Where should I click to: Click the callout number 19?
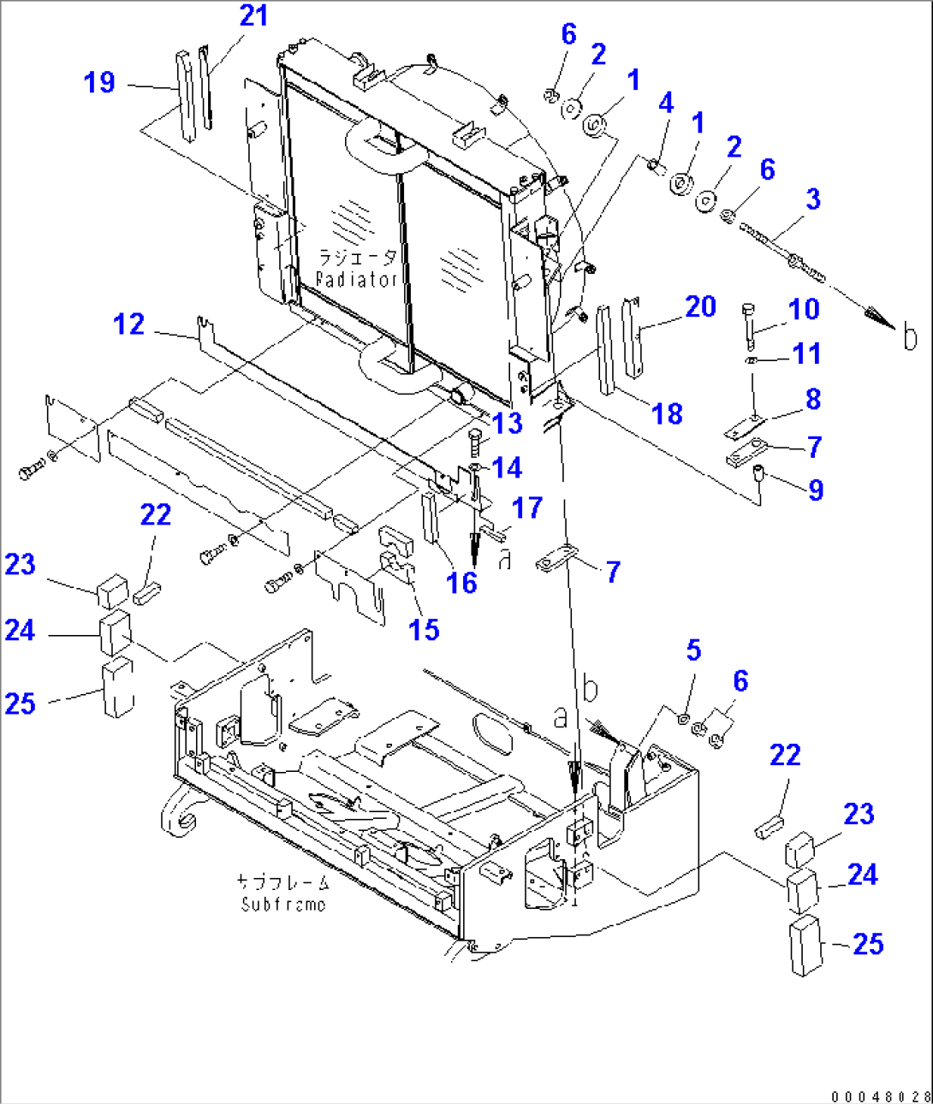99,83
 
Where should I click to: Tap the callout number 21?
253,16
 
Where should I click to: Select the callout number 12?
129,324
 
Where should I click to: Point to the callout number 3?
812,199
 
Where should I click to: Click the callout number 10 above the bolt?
804,309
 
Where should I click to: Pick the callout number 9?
816,490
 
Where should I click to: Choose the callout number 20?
700,306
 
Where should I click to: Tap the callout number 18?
667,414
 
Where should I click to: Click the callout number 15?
424,630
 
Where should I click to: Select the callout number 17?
527,507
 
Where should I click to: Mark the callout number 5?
693,650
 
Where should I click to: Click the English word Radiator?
357,280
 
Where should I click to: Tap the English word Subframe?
283,905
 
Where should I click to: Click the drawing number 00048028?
879,1095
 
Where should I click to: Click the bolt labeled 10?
750,326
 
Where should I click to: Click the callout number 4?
666,104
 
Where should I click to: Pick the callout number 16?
461,583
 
